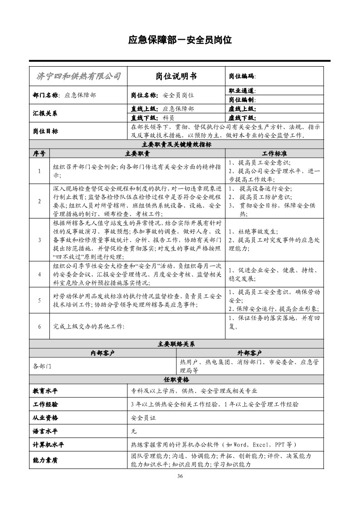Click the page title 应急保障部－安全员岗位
click(x=180, y=40)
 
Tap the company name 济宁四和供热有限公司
click(x=78, y=76)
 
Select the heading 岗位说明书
click(x=176, y=76)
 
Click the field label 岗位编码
click(x=243, y=76)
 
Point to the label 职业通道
click(x=243, y=91)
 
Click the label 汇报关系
click(x=45, y=113)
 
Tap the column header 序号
click(x=39, y=153)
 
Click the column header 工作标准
click(x=275, y=153)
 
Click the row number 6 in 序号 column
click(x=39, y=326)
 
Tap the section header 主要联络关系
click(x=176, y=344)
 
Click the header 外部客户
click(x=250, y=353)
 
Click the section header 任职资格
click(x=176, y=379)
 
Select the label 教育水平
click(x=45, y=391)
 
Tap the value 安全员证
click(x=143, y=417)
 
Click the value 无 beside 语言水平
click(x=134, y=431)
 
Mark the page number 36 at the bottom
click(x=180, y=476)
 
